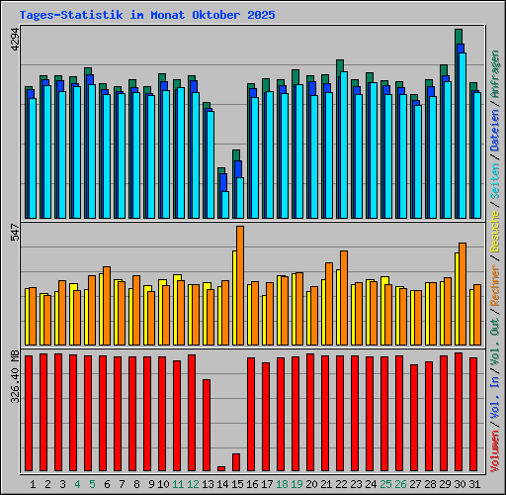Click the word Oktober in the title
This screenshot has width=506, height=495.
214,16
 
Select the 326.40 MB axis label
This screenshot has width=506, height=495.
13,377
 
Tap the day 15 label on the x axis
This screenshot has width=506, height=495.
238,483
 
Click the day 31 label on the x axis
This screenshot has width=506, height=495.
475,483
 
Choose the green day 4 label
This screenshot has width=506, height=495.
76,483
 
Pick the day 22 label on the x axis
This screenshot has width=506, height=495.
342,483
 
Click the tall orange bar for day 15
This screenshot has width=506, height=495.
240,285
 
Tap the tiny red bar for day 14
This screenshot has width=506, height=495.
221,468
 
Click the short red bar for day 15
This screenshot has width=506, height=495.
236,462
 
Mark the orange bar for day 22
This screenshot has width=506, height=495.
344,297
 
